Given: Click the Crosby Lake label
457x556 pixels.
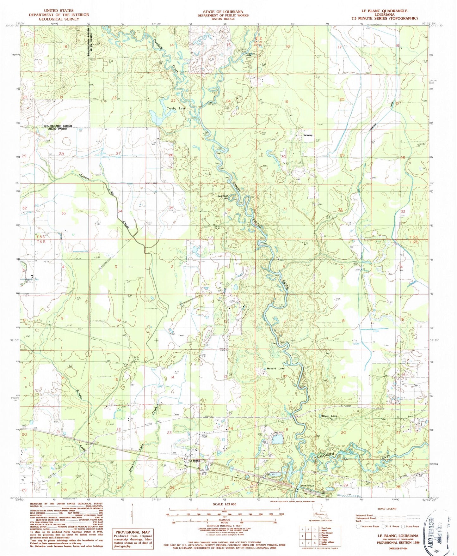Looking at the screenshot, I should click(176, 108).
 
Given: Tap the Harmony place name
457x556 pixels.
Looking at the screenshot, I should click(307, 135).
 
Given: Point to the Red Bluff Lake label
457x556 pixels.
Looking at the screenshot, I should click(223, 197).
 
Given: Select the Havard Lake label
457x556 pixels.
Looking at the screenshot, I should click(275, 369).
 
